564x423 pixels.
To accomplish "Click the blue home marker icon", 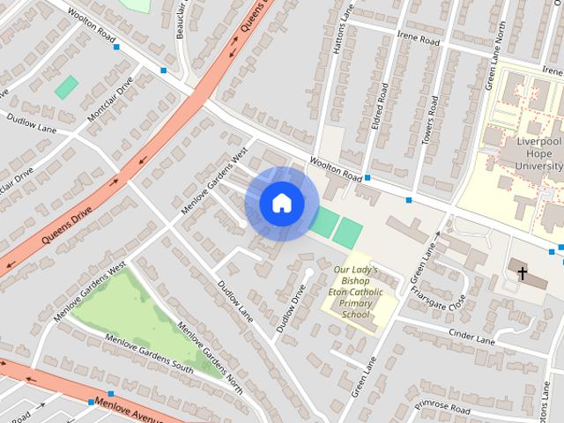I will pyautogui.click(x=282, y=204).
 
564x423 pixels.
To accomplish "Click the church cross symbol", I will pyautogui.click(x=521, y=274).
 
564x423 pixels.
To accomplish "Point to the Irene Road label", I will pyautogui.click(x=417, y=40).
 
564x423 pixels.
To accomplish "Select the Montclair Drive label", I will pyautogui.click(x=110, y=100).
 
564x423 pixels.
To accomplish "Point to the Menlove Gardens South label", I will pyautogui.click(x=149, y=352).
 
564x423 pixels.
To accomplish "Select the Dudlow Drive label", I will pyautogui.click(x=291, y=308).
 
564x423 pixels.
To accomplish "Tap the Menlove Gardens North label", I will pyautogui.click(x=210, y=356).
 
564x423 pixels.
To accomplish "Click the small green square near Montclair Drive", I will pyautogui.click(x=66, y=87).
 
